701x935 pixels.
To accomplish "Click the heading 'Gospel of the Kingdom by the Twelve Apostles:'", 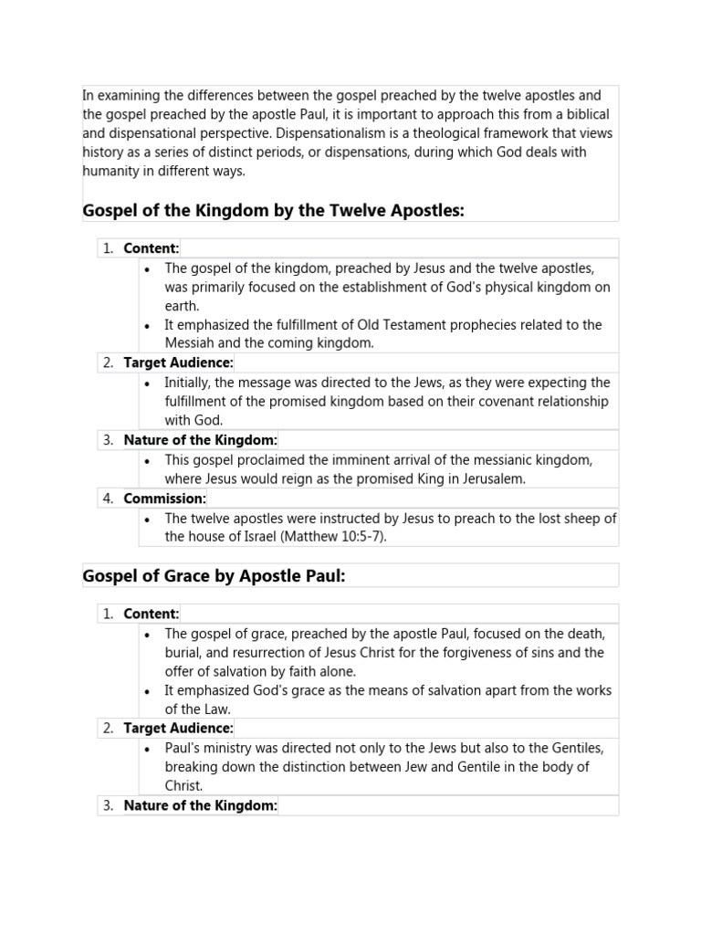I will tap(274, 211).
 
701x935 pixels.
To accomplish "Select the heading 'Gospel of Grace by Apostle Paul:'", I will tap(214, 575).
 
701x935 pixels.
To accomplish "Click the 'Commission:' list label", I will tap(165, 499).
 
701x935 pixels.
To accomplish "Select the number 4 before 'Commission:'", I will tap(108, 499).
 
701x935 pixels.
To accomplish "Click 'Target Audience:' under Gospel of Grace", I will tap(179, 728).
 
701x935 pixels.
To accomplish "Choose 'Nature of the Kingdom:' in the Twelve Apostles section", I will tap(201, 440).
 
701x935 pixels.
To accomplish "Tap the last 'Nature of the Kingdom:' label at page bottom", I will tap(201, 804).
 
